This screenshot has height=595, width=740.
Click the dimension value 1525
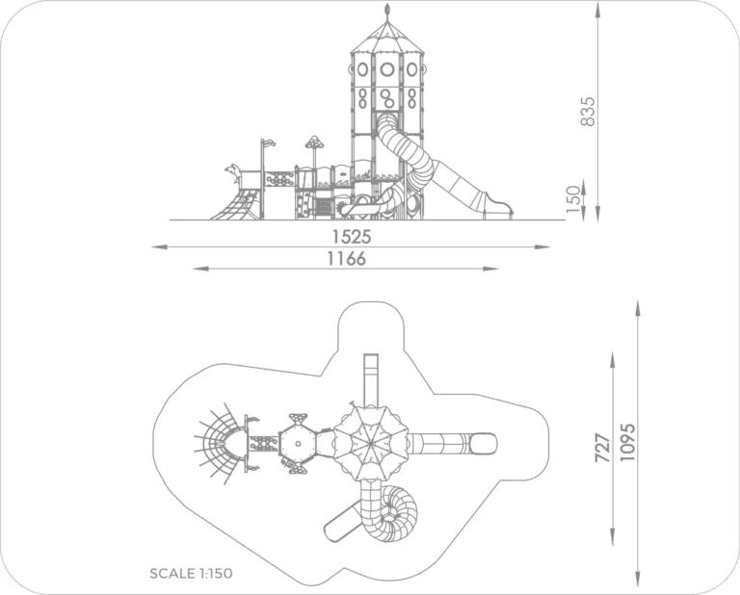pos(352,235)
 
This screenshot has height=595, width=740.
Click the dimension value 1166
pos(346,257)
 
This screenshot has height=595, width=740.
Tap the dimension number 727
pos(604,449)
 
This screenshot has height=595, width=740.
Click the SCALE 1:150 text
pos(191,573)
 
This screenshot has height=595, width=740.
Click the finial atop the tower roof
pos(387,12)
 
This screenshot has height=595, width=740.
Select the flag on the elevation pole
pos(269,143)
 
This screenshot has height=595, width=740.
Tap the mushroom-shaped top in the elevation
pos(314,142)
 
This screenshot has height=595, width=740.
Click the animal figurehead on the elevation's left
pos(232,171)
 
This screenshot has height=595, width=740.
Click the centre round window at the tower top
pos(387,68)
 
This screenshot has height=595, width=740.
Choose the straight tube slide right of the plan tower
pos(453,444)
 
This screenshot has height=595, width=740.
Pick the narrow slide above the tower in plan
pos(370,377)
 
